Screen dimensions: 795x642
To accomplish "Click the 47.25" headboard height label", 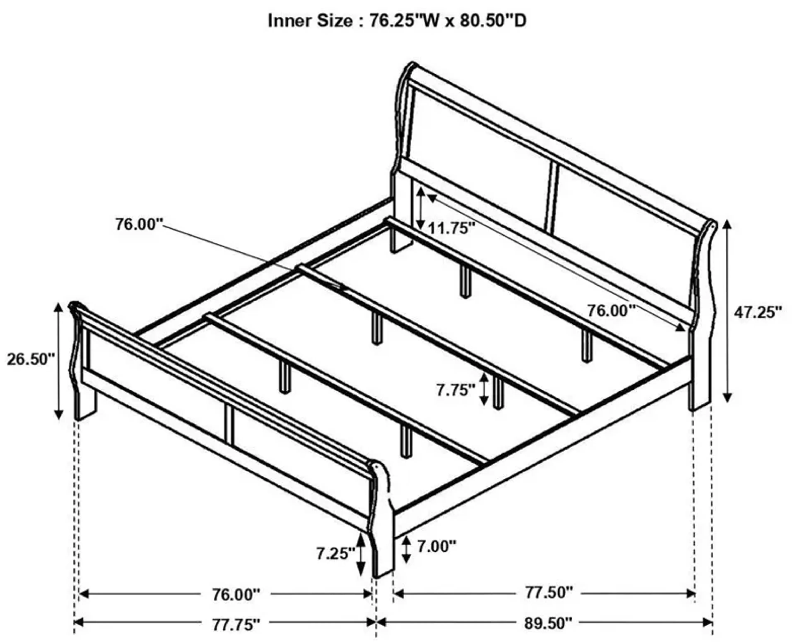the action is point(758,312).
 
